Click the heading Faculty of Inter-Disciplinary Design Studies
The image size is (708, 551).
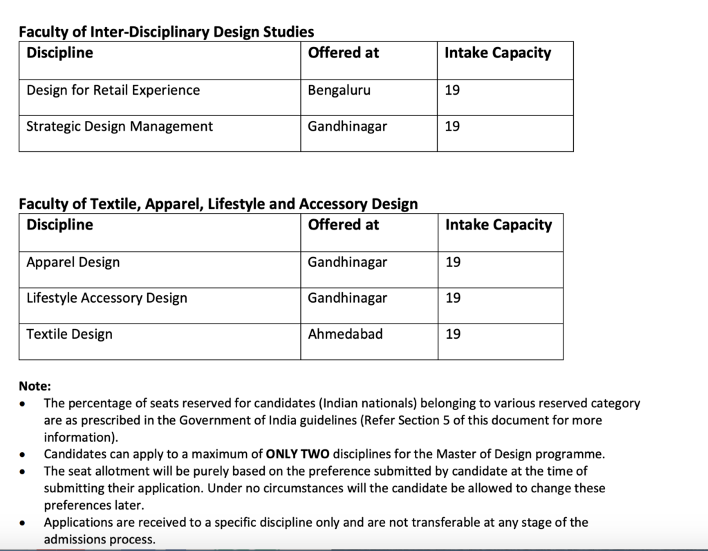click(166, 32)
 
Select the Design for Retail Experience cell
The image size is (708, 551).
click(113, 91)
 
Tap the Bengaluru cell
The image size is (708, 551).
click(339, 91)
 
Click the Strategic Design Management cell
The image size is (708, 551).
click(120, 127)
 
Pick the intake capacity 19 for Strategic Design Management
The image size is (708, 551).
click(452, 127)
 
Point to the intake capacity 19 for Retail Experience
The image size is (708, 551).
click(452, 91)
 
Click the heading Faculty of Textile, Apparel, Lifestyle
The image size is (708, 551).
click(218, 204)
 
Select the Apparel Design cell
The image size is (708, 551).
click(73, 263)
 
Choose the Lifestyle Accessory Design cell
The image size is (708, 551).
click(106, 299)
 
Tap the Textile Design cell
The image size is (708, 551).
click(69, 335)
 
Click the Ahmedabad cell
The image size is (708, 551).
click(345, 335)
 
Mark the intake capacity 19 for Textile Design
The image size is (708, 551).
click(453, 335)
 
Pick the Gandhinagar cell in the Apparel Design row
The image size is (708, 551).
click(347, 263)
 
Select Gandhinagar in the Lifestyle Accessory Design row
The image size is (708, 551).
click(347, 299)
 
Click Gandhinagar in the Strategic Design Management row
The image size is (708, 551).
click(347, 127)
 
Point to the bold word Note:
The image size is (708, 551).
click(35, 387)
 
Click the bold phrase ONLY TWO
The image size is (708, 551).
click(298, 455)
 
